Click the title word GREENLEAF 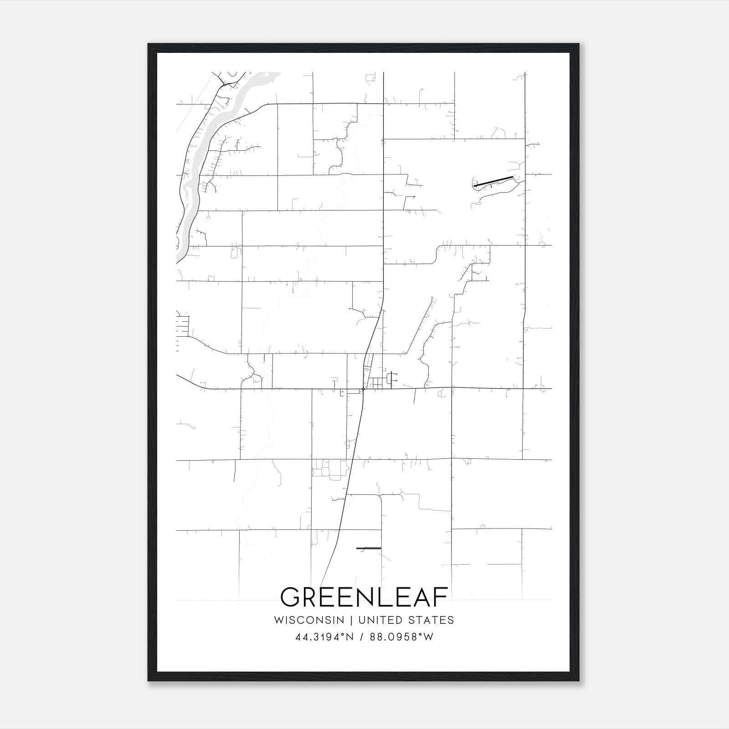364,597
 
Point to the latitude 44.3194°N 324,637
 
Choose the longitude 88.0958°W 401,637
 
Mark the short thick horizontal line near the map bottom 368,548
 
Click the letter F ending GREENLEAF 441,597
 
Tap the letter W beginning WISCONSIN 279,620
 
